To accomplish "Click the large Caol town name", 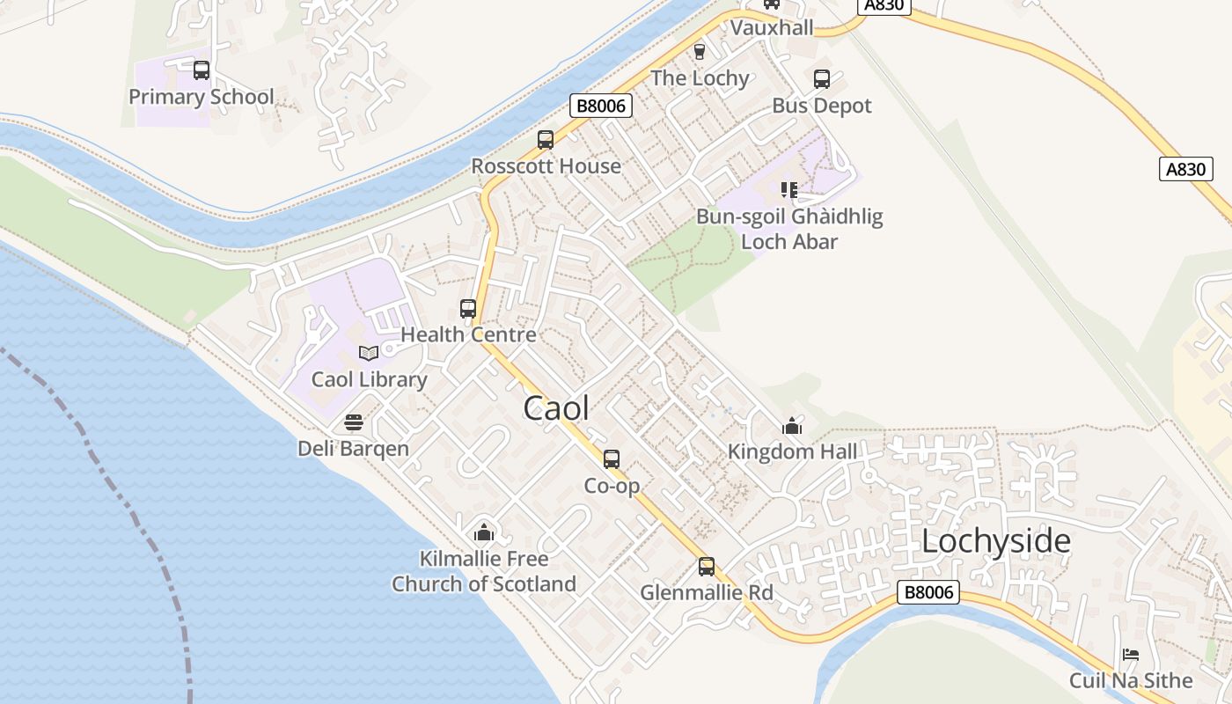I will point(556,408).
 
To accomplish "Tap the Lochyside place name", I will point(995,542).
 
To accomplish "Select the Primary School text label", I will point(202,97).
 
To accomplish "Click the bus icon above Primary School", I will point(202,70).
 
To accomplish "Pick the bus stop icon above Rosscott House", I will point(546,140).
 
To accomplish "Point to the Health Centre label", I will point(468,335).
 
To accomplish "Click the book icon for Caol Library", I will point(369,354).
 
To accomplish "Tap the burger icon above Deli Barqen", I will point(354,423).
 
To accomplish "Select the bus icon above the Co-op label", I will point(612,459).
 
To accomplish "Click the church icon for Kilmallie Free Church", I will point(483,532).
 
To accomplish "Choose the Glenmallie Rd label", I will point(707,593).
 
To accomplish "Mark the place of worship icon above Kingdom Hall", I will point(792,427).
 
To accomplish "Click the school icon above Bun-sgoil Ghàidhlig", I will point(789,190).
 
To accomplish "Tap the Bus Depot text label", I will point(822,106).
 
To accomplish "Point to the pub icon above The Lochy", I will point(700,52).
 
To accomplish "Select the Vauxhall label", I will point(772,28).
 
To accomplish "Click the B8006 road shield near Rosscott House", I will point(602,106).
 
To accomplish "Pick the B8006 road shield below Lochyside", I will point(928,592).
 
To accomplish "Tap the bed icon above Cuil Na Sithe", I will point(1131,655).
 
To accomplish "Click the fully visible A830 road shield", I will point(1186,169).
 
